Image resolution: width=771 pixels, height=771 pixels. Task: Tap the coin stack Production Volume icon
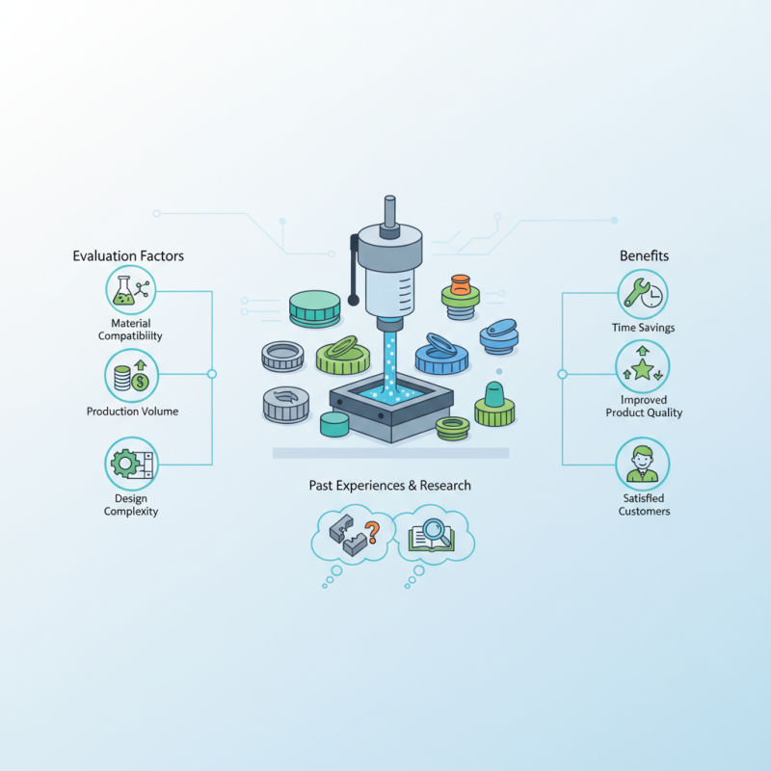point(131,376)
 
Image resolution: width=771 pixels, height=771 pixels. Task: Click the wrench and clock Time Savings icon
point(643,294)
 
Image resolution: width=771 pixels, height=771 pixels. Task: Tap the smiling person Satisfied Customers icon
point(643,464)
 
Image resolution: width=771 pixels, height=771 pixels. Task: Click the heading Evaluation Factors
point(128,255)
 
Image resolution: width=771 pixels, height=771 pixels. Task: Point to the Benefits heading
point(644,255)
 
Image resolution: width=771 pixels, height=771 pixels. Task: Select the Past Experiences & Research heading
point(390,486)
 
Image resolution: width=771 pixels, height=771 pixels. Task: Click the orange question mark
point(372,532)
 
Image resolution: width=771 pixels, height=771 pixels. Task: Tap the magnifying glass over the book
point(438,532)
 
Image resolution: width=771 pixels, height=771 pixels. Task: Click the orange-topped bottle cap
point(461,297)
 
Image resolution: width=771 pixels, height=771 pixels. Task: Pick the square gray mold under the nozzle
point(391,407)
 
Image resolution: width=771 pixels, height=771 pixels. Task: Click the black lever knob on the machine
point(354,300)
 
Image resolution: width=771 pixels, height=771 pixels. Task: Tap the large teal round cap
point(315,308)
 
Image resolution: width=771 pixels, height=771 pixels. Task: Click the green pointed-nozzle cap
point(494,404)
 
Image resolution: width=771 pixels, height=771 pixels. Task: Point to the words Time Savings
point(643,328)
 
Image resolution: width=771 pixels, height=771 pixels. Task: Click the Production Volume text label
point(132,412)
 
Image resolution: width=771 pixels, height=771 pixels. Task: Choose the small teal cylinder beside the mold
point(334,424)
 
